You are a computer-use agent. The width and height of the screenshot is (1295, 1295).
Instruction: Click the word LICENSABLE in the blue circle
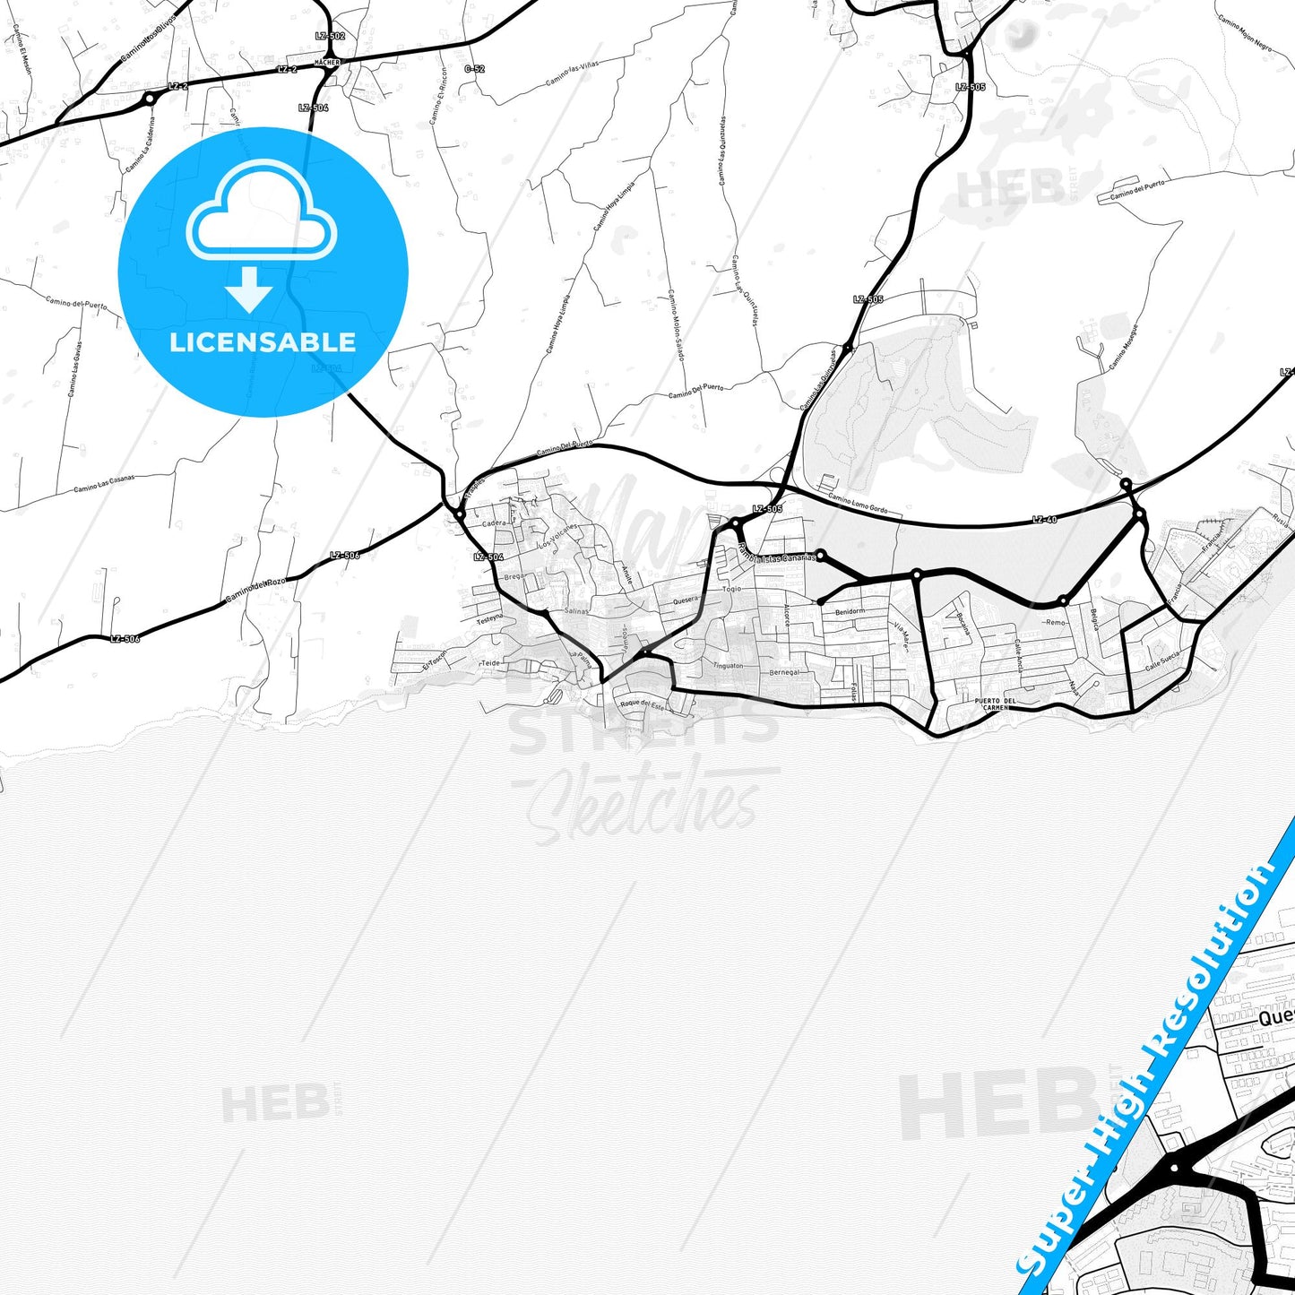[x=263, y=342]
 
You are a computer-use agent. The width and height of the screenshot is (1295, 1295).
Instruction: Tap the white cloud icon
[x=262, y=216]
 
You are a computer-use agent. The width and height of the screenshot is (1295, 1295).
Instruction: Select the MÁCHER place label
[x=327, y=63]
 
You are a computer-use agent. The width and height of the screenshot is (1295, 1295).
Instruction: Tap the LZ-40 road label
[x=1044, y=520]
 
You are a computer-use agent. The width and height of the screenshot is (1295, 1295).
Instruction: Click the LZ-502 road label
[x=330, y=36]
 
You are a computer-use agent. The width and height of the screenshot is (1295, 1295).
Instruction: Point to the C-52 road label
[x=474, y=69]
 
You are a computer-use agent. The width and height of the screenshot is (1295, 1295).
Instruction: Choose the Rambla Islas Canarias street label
[x=776, y=556]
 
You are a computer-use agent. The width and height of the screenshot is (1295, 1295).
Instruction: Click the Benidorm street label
[x=849, y=612]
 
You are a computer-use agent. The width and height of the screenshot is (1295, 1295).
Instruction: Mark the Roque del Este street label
[x=643, y=704]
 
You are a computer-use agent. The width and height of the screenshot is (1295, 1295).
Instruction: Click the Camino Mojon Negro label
[x=1245, y=34]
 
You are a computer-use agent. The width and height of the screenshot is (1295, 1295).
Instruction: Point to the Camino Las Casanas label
[x=104, y=484]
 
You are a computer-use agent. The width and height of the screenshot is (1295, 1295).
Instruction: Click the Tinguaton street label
[x=727, y=666]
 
